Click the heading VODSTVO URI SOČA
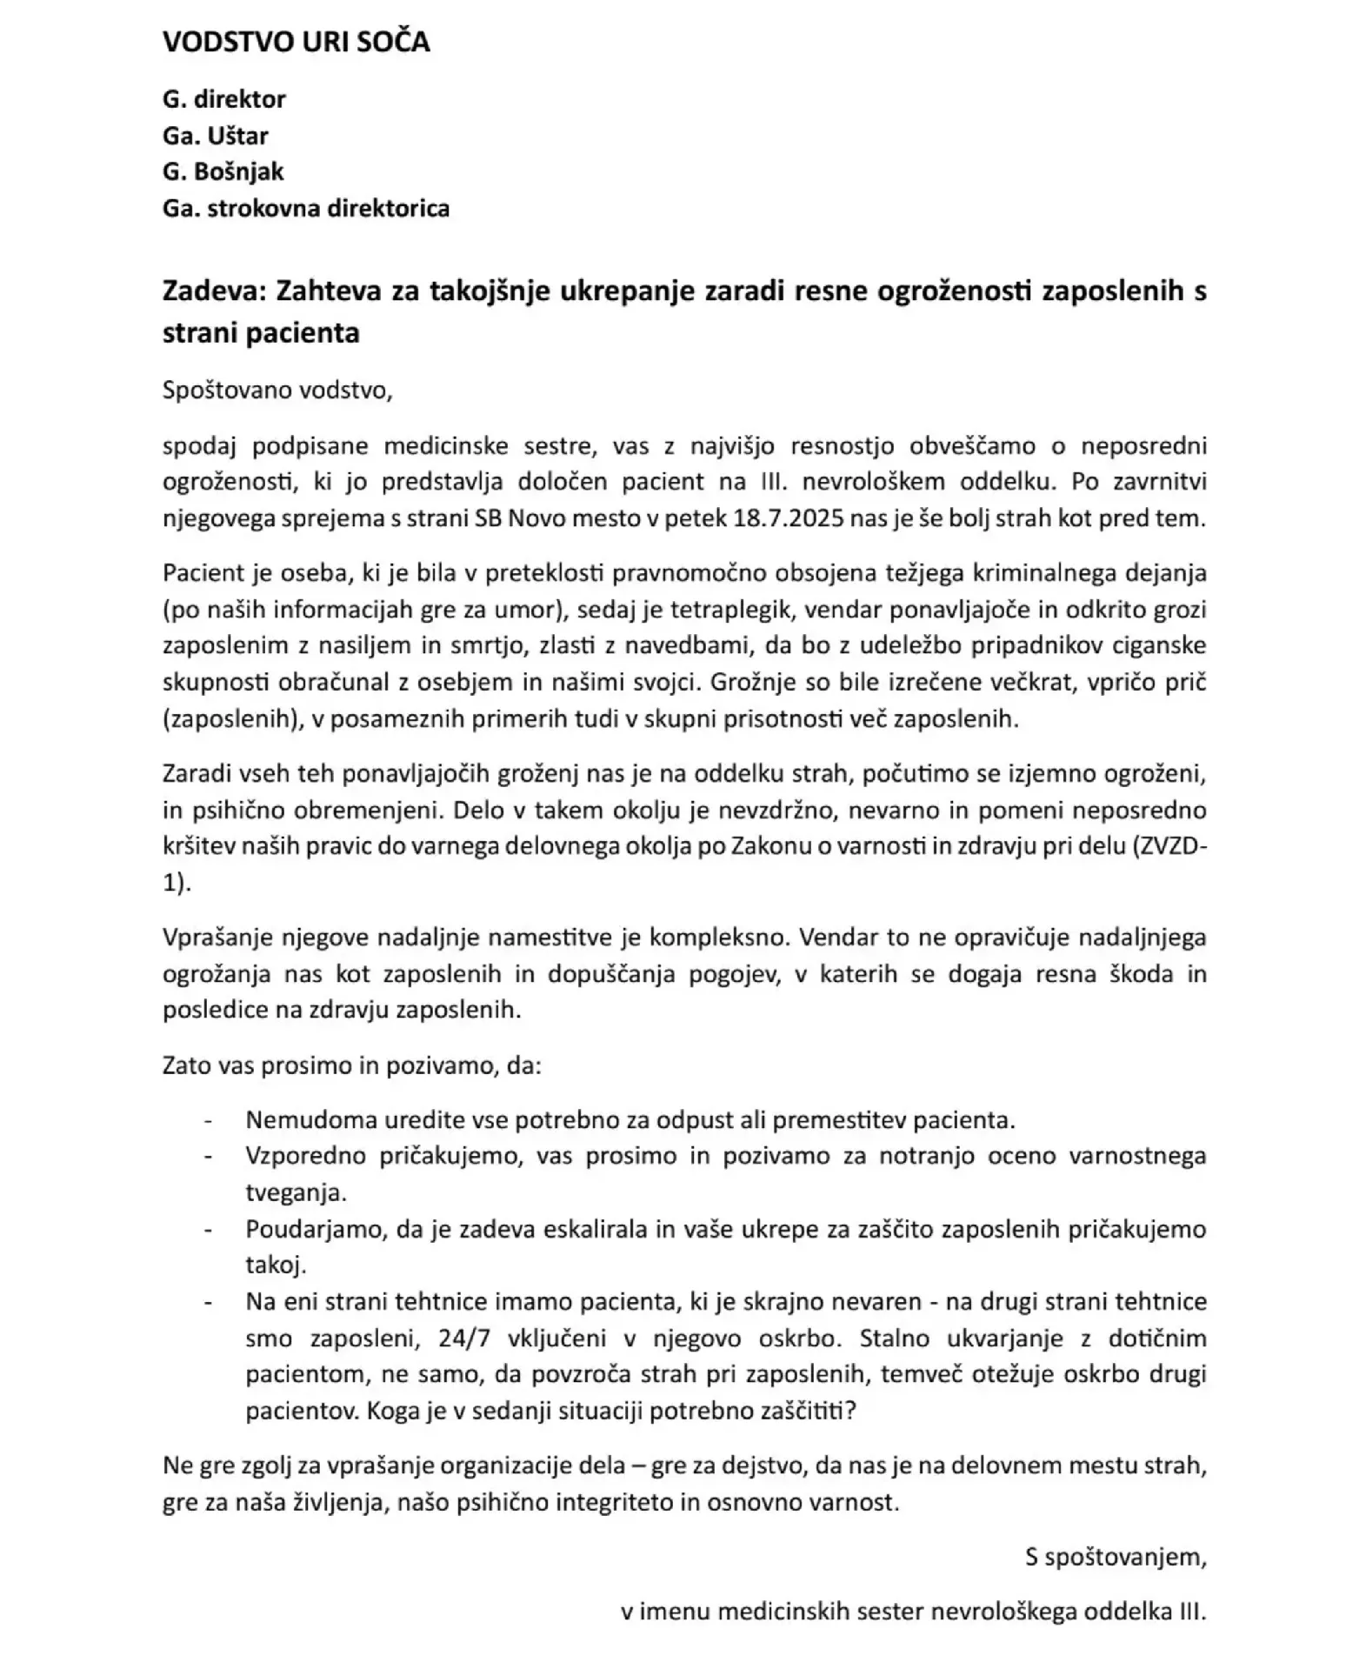[x=296, y=43]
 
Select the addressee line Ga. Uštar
[x=215, y=136]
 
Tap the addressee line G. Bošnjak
[x=223, y=171]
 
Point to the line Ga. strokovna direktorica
[x=305, y=209]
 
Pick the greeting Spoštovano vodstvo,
[x=277, y=390]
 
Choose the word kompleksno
[x=717, y=938]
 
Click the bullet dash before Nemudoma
[x=208, y=1120]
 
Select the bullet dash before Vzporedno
[x=208, y=1157]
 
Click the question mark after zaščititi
[x=850, y=1411]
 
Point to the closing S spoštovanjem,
[x=1116, y=1557]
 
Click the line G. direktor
[x=223, y=99]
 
